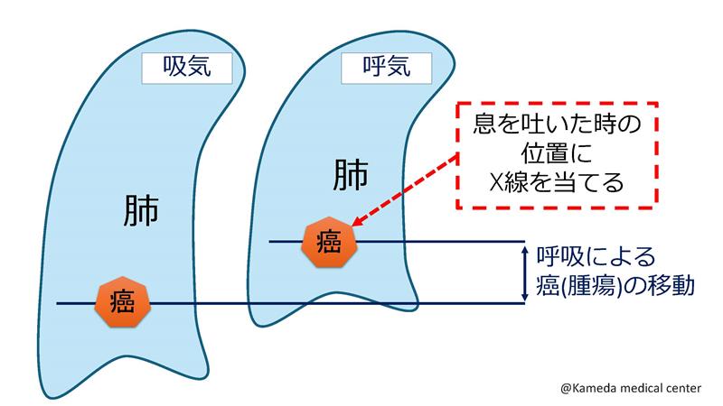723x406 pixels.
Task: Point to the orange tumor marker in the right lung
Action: pyautogui.click(x=329, y=242)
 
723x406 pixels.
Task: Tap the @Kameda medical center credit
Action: pyautogui.click(x=630, y=388)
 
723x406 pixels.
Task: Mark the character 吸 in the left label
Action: pyautogui.click(x=174, y=68)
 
